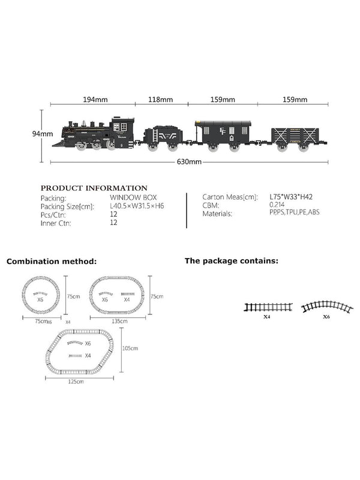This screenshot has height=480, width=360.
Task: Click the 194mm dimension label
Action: tap(97, 100)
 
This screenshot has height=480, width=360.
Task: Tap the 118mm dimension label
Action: tap(161, 100)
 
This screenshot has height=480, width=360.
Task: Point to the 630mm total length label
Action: tap(189, 162)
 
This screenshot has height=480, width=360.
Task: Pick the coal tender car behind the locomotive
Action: tap(162, 137)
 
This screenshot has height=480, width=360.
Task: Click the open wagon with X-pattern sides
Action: tap(298, 137)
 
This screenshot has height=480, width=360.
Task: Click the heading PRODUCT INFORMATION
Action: tap(94, 188)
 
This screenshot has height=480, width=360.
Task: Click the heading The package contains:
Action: tap(231, 261)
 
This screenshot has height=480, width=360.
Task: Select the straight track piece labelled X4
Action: tap(268, 307)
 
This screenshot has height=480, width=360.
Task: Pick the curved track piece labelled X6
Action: tap(326, 307)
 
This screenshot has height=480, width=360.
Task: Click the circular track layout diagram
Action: tap(41, 296)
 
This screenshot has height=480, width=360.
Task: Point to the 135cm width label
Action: tap(119, 321)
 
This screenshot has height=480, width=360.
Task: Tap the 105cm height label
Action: tap(130, 349)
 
